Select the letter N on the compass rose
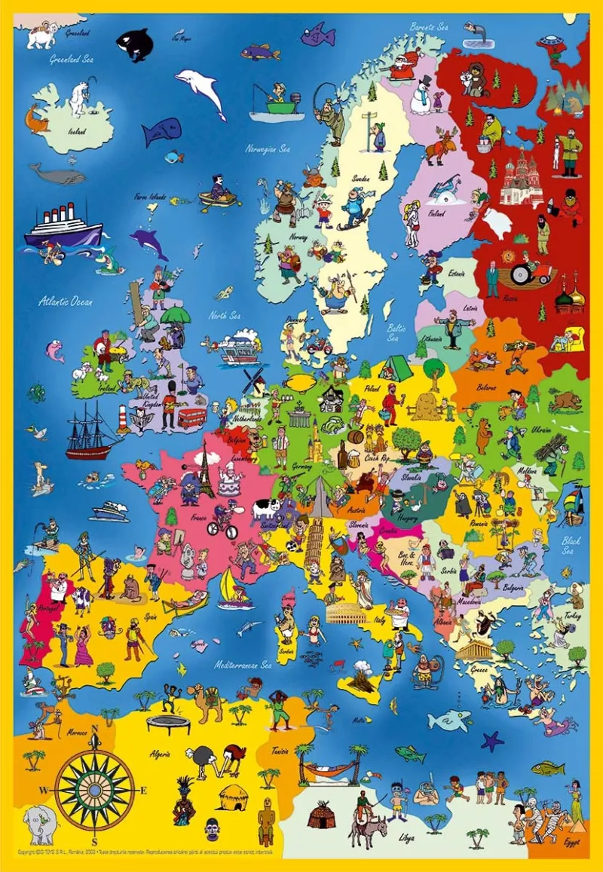point(95,729)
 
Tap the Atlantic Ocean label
point(65,302)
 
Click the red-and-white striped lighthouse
point(123,419)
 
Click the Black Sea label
point(571,545)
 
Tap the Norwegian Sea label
point(268,148)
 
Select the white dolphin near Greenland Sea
point(202,90)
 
